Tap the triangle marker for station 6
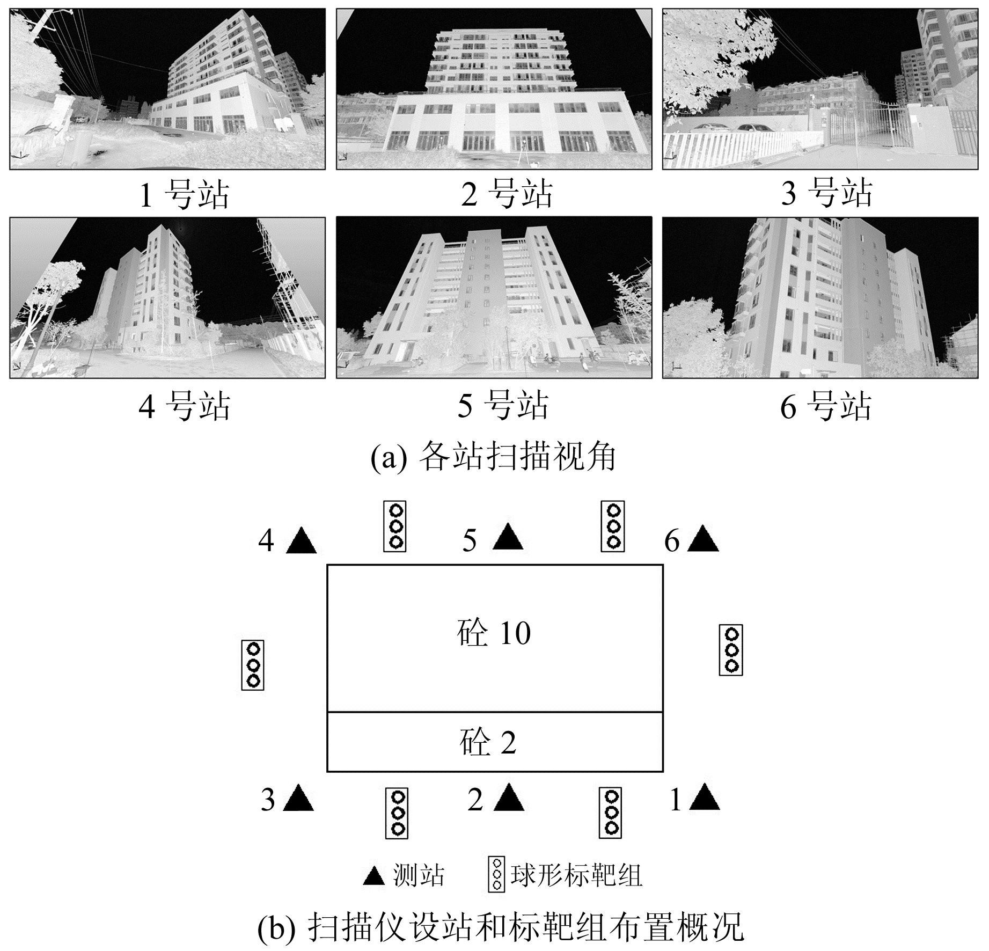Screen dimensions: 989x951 703,540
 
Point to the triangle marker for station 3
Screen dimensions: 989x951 298,799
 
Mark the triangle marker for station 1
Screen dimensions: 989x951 704,799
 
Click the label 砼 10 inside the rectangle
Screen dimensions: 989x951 494,633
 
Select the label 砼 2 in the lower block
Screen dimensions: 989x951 488,743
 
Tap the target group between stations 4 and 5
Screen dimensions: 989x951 394,526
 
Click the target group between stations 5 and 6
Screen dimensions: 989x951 612,526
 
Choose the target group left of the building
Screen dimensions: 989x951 253,665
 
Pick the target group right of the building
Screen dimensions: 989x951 731,650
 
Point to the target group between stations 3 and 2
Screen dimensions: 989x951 397,813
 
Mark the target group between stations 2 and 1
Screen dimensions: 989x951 610,813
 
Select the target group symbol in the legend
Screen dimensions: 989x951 496,875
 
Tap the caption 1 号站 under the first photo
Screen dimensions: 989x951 184,194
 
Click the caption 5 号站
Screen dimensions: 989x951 503,405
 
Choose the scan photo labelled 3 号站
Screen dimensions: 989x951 820,89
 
